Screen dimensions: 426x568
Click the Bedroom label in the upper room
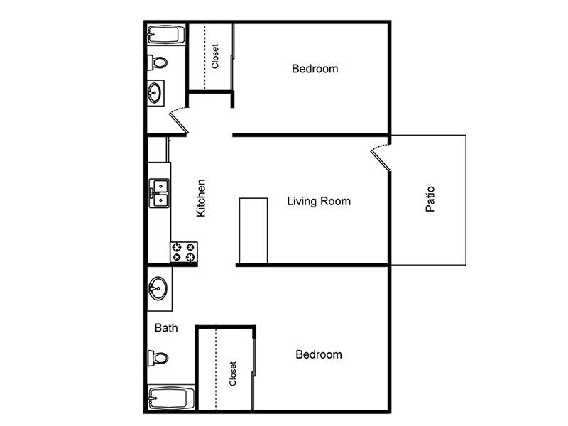[x=315, y=69]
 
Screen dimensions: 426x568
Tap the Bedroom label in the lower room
[x=318, y=354]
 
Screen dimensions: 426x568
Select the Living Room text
[x=318, y=201]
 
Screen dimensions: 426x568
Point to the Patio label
[x=430, y=200]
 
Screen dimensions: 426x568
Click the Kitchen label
[x=201, y=197]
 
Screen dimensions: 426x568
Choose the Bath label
[x=166, y=328]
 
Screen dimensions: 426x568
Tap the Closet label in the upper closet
[x=215, y=57]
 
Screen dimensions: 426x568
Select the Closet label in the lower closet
[x=232, y=373]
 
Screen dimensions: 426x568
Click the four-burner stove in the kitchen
[x=183, y=253]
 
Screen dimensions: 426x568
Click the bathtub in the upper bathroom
[x=166, y=35]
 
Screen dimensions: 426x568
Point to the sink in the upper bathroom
[x=155, y=92]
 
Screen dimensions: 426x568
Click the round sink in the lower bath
[x=158, y=289]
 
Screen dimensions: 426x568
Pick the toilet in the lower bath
[x=158, y=357]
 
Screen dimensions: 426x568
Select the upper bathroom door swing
[x=179, y=119]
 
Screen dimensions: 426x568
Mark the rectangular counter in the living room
[x=253, y=231]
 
